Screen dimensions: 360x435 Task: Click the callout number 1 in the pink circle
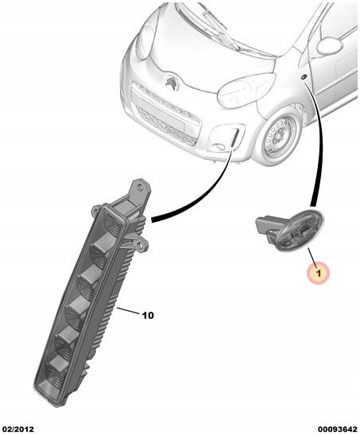[x=318, y=274]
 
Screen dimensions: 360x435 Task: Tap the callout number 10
[x=148, y=316]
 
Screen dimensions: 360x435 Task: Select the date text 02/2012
[x=18, y=429]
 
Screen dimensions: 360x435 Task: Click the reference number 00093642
[x=337, y=429]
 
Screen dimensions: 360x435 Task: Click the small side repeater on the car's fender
[x=304, y=77]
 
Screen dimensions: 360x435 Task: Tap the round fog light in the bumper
[x=220, y=147]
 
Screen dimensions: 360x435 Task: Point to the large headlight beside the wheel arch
[x=246, y=90]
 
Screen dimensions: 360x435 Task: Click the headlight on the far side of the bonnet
[x=145, y=41]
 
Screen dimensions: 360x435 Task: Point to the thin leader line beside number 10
[x=129, y=311]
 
